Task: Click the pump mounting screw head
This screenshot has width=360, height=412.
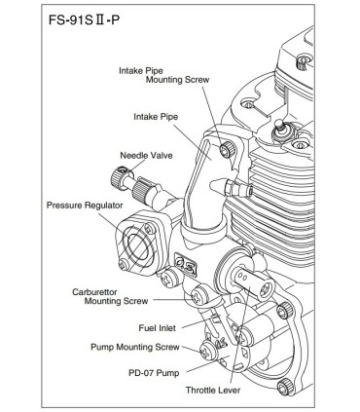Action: [x=208, y=344]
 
